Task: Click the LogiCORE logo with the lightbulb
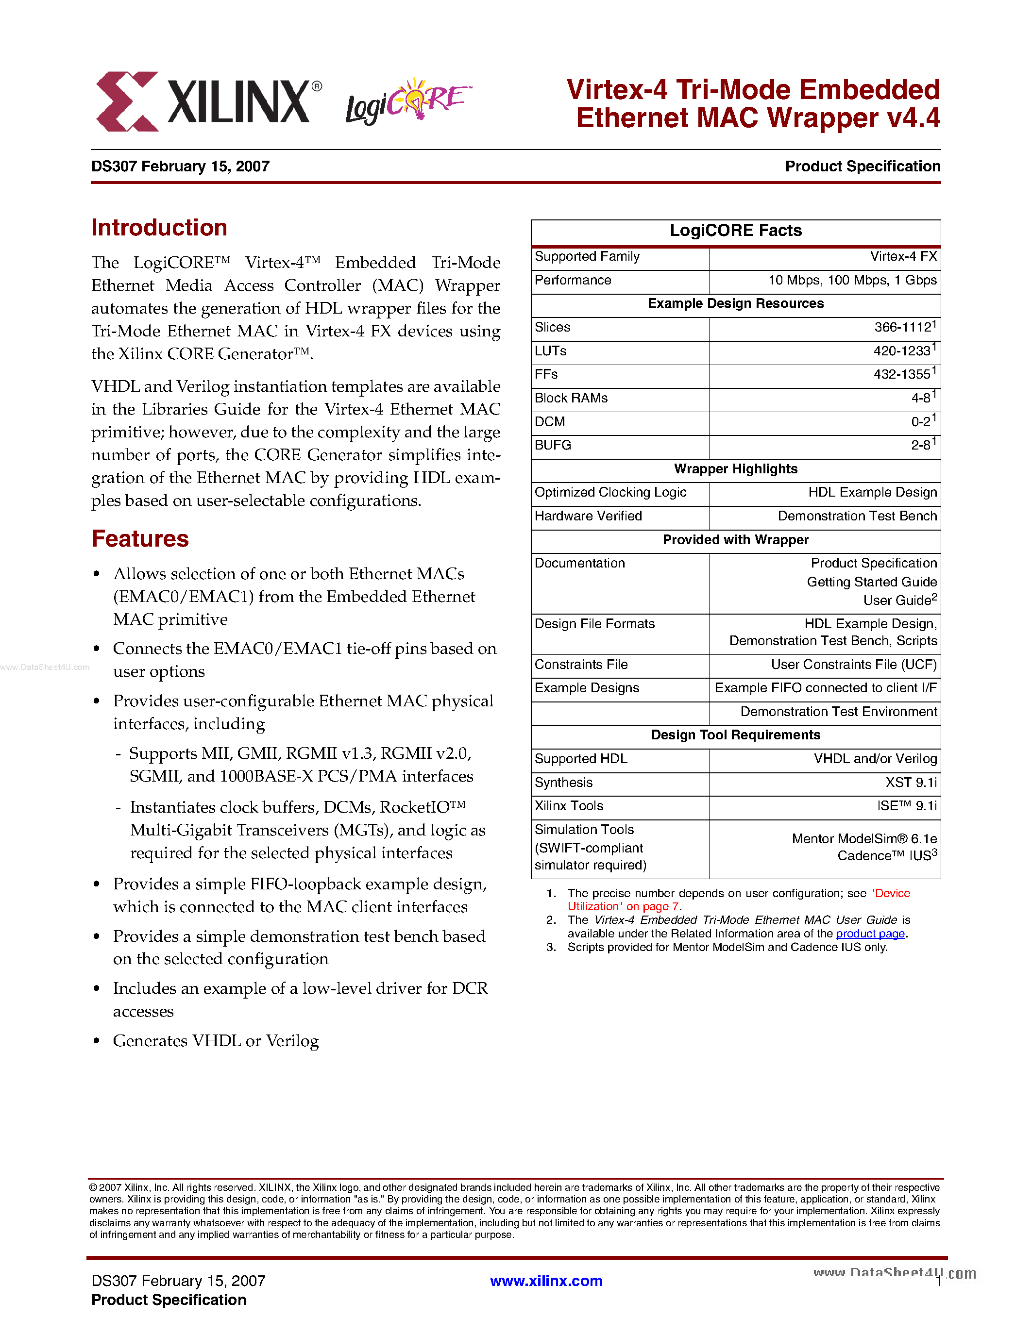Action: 407,101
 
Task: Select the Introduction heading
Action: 159,227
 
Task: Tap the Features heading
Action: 140,538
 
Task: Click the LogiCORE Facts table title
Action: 735,231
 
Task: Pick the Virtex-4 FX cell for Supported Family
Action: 903,257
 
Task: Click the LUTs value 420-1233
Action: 902,351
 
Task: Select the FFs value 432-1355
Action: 902,374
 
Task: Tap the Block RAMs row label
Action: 571,398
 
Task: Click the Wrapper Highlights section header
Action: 735,469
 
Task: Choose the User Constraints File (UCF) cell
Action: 853,665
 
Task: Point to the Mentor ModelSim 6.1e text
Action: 864,839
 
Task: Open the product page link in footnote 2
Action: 870,934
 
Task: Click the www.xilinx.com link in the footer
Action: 546,1281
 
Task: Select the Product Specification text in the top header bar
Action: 862,166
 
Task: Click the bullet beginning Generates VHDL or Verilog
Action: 216,1040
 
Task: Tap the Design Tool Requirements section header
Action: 735,735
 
